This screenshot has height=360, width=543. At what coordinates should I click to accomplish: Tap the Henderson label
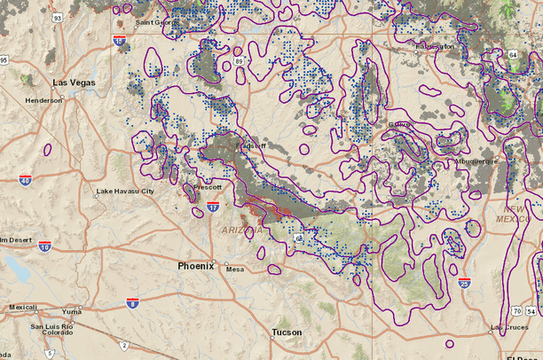click(x=43, y=100)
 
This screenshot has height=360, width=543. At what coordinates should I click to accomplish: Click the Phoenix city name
click(x=196, y=265)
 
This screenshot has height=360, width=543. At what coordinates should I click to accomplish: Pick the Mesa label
click(x=234, y=270)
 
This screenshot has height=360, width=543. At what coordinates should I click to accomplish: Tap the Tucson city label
click(x=287, y=333)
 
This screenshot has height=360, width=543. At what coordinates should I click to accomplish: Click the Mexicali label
click(x=23, y=308)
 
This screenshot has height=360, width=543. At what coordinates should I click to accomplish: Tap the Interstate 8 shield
click(x=132, y=302)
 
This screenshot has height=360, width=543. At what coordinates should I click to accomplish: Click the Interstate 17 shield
click(x=213, y=207)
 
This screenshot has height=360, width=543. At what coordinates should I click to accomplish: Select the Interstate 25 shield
click(x=466, y=283)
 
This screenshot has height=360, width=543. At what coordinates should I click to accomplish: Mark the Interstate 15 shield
click(x=119, y=41)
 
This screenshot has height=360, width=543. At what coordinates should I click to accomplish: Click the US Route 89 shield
click(x=240, y=61)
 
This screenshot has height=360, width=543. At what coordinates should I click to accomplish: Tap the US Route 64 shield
click(x=513, y=55)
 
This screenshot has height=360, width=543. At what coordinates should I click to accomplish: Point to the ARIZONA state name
click(x=237, y=231)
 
